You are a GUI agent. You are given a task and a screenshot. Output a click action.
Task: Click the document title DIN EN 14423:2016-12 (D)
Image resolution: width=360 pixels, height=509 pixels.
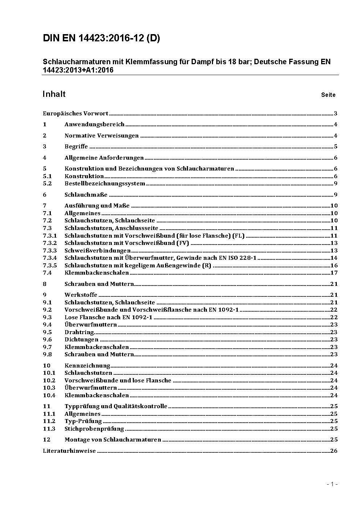point(101,38)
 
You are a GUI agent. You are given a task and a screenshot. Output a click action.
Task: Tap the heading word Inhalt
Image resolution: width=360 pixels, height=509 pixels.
point(54,94)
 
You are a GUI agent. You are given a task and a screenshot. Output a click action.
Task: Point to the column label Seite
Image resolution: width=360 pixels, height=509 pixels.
point(328,95)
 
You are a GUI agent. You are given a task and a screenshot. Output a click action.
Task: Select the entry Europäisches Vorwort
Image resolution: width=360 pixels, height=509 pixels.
point(75,114)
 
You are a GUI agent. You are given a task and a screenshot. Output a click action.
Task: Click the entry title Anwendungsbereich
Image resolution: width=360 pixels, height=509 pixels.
point(94,124)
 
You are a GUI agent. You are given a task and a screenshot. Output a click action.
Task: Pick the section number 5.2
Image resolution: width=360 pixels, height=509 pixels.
point(47,184)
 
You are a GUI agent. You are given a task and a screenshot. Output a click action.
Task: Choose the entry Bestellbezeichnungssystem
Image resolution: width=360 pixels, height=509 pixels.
point(105,184)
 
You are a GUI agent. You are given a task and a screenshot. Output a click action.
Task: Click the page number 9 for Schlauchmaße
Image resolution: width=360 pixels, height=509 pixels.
point(336,195)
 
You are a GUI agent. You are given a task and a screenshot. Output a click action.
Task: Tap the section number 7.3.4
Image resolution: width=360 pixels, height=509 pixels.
point(50,258)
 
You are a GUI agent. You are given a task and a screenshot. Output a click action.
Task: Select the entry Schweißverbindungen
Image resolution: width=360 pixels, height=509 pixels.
point(97,251)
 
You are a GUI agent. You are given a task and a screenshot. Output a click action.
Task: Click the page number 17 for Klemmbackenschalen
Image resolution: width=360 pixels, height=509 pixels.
point(334,273)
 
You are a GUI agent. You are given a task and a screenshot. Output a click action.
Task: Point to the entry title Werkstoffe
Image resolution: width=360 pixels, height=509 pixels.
point(81,295)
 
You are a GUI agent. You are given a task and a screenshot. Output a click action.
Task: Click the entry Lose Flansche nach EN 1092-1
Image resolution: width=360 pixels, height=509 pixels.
point(108,317)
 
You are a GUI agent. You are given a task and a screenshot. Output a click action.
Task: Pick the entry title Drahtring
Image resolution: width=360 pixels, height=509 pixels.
point(79,332)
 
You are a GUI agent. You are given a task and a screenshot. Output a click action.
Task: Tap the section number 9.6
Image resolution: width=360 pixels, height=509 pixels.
point(47,340)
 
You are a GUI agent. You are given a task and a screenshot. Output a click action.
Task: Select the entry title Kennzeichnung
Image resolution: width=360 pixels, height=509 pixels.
point(87,366)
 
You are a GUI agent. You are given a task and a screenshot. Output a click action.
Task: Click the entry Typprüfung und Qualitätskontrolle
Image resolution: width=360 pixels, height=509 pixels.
point(116,406)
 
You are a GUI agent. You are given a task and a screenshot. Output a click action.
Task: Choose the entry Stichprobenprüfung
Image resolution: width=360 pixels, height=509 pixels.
point(94,429)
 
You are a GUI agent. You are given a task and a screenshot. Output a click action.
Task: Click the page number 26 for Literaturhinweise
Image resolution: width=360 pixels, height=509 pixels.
point(334,451)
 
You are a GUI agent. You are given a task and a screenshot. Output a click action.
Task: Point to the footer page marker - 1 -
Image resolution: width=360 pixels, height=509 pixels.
point(332,484)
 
